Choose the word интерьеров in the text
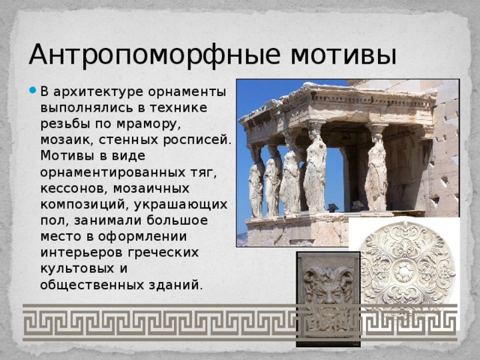click(83, 253)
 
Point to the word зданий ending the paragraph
click(177, 285)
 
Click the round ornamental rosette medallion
click(407, 267)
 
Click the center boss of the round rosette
click(407, 268)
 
